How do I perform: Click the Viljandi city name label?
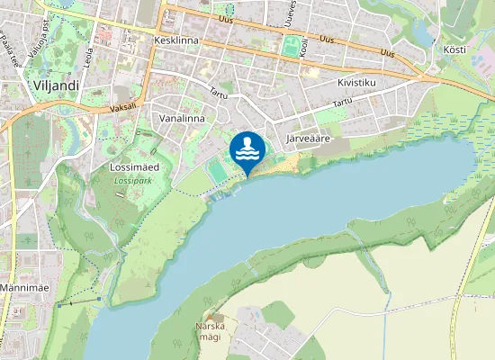pyautogui.click(x=57, y=85)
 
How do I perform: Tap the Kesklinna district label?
pyautogui.click(x=176, y=41)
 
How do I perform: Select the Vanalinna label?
pyautogui.click(x=182, y=118)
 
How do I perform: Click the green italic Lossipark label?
pyautogui.click(x=133, y=180)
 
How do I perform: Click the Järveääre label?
pyautogui.click(x=310, y=139)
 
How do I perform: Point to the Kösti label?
pyautogui.click(x=454, y=49)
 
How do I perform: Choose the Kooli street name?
pyautogui.click(x=304, y=47)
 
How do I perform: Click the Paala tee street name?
pyautogui.click(x=12, y=42)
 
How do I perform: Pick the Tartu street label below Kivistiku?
pyautogui.click(x=342, y=103)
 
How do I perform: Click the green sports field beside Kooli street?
pyautogui.click(x=290, y=45)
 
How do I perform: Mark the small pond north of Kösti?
pyautogui.click(x=421, y=33)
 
